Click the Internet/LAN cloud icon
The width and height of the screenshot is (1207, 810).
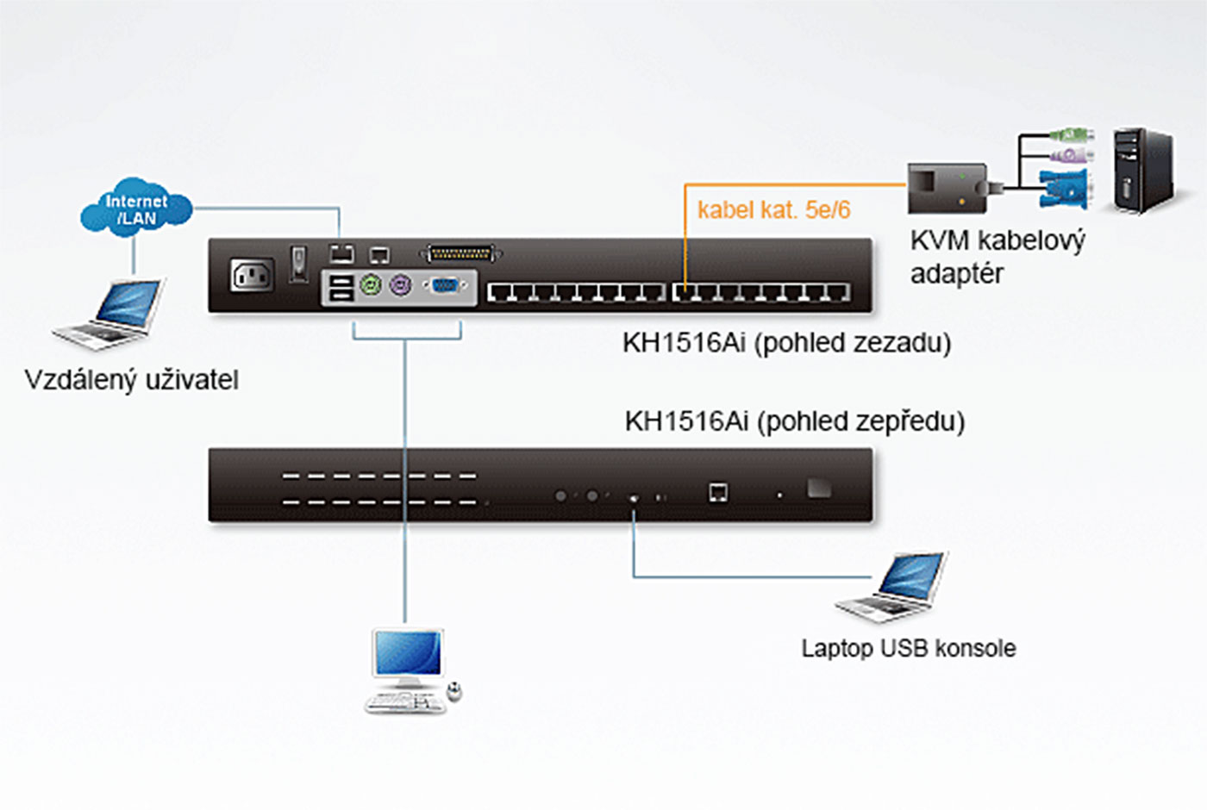tap(135, 209)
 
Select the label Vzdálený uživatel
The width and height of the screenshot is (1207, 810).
tap(131, 380)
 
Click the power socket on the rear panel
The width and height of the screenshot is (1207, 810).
tap(252, 275)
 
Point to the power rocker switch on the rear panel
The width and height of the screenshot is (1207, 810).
tap(298, 264)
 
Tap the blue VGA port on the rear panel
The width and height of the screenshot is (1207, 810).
tap(446, 286)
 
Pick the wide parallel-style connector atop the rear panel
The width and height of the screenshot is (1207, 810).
tap(460, 253)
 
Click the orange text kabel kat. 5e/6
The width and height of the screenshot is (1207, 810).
tap(773, 209)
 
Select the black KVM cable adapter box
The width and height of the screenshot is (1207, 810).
tap(947, 189)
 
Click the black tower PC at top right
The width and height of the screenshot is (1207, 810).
tap(1143, 170)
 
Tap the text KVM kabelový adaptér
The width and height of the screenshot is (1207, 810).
tap(997, 257)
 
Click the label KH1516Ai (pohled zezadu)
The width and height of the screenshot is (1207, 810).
tap(786, 343)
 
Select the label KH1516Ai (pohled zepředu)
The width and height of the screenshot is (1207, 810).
tap(794, 421)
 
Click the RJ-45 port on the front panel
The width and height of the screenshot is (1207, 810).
tap(717, 492)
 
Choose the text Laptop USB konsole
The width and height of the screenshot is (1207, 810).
tap(908, 648)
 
